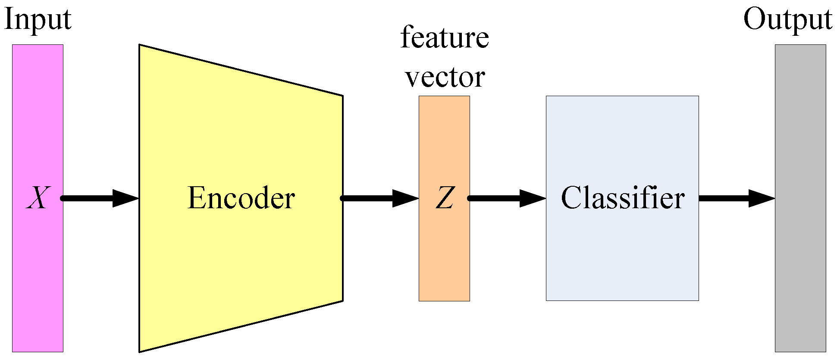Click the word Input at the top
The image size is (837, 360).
click(38, 20)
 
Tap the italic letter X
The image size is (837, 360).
click(38, 198)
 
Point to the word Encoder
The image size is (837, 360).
click(241, 198)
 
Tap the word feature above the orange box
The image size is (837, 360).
click(445, 38)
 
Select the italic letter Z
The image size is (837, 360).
click(445, 198)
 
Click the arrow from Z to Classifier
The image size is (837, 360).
click(500, 198)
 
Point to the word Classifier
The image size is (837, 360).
click(622, 198)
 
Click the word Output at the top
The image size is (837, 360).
click(787, 20)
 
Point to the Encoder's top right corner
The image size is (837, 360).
click(342, 96)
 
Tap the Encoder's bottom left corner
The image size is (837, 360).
click(140, 351)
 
